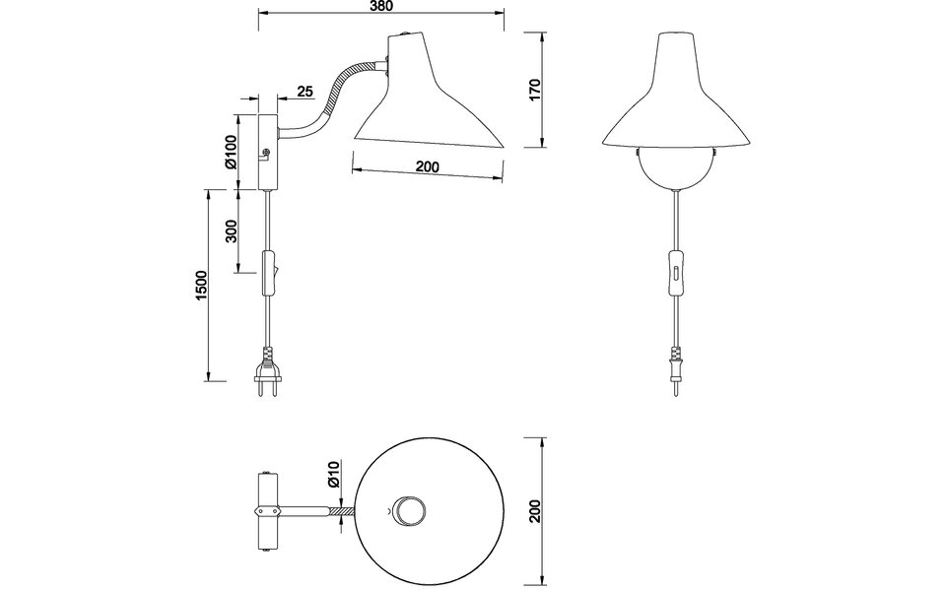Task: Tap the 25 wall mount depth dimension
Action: [x=304, y=92]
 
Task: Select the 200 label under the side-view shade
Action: [x=427, y=167]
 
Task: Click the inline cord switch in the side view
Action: [x=268, y=271]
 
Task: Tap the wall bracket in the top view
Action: [x=265, y=509]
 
